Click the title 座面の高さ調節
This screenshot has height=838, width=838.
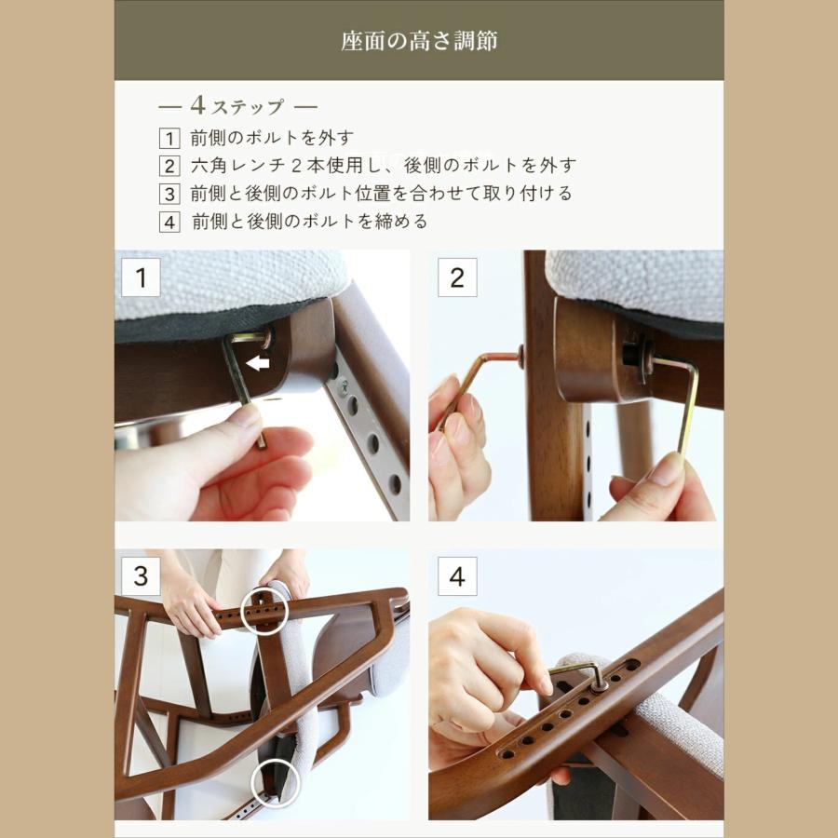[418, 42]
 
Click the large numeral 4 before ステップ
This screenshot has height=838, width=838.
[196, 105]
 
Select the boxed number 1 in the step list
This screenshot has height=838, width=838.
[169, 139]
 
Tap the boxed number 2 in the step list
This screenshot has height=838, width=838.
[169, 167]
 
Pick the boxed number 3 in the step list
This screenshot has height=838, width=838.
[169, 195]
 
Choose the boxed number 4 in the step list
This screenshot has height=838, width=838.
[169, 223]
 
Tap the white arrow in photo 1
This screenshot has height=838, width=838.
[258, 363]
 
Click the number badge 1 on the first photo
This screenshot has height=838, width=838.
[141, 277]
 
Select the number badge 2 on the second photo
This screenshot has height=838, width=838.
[457, 277]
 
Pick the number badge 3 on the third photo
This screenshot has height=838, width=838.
[141, 576]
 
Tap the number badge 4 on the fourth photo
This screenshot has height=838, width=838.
[457, 576]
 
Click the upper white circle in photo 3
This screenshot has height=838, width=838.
[264, 611]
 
